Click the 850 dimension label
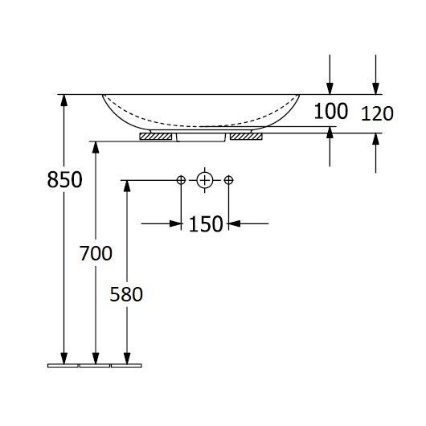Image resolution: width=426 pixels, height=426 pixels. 64,179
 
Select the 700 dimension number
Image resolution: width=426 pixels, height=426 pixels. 96,253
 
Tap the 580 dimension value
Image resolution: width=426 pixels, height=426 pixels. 126,294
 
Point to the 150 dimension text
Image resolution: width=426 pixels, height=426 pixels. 206,224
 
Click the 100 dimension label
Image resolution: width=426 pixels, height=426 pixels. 330,111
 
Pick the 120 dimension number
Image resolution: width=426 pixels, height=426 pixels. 377,113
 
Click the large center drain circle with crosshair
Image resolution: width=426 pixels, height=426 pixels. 205,180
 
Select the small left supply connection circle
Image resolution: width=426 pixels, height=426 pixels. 181,180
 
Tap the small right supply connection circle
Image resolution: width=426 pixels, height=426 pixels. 228,180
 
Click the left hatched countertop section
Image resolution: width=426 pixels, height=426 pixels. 156,137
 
